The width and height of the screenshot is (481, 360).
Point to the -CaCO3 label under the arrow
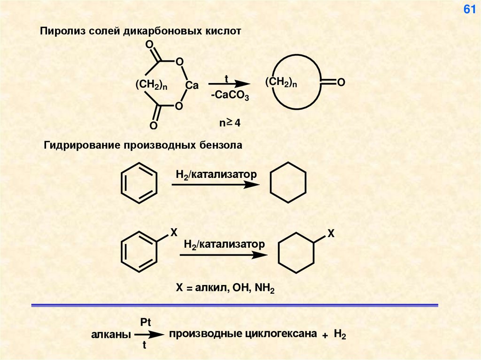[230, 96]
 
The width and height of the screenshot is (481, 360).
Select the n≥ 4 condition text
[230, 123]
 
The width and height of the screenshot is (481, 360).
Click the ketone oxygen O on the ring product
[341, 83]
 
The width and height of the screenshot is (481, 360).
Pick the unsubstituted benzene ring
[139, 183]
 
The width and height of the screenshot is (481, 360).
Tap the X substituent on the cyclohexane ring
[330, 233]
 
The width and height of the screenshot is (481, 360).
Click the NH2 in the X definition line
[265, 287]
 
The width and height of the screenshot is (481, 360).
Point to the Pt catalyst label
[146, 322]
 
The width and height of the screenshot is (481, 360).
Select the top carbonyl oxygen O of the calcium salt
[149, 45]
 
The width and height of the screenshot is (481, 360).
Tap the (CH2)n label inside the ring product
[281, 83]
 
